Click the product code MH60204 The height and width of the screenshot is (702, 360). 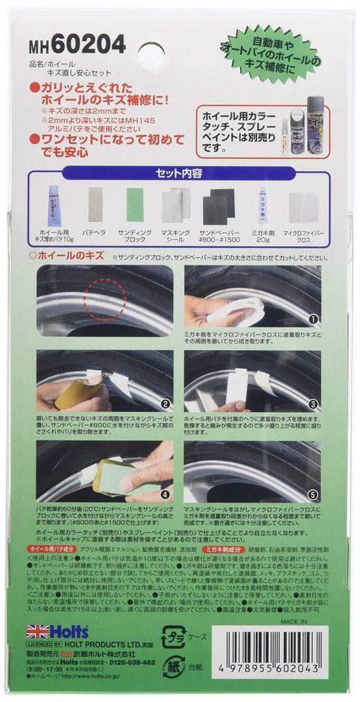(77, 45)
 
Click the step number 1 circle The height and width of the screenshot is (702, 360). (313, 319)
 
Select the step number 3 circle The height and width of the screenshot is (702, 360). (313, 404)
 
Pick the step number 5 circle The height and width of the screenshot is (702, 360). (313, 493)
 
